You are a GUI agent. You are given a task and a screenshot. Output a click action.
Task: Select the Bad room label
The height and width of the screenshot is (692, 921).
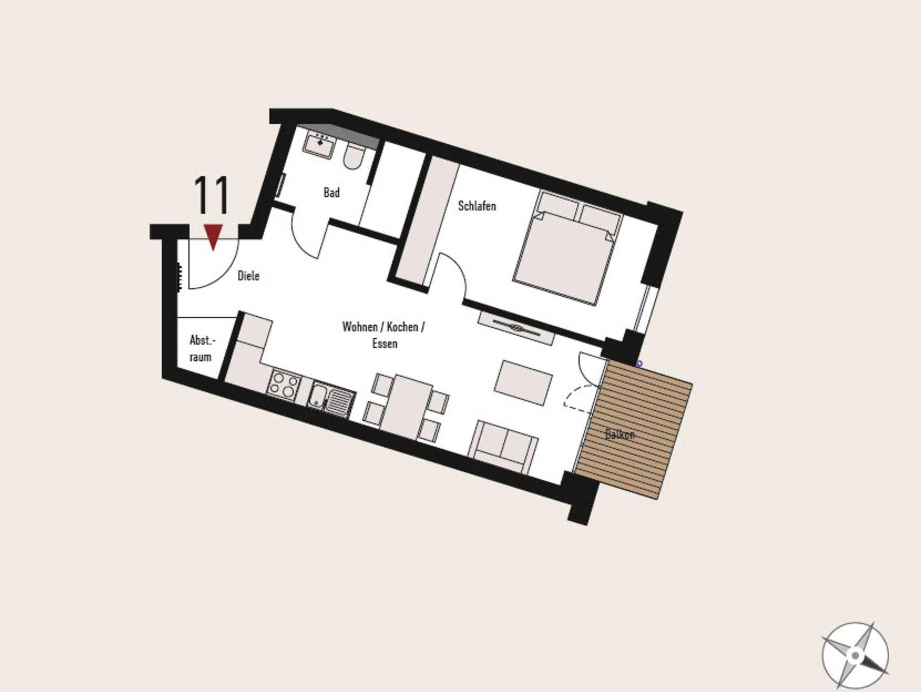point(331,193)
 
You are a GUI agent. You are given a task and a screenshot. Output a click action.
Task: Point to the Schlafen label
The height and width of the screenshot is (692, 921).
point(477,206)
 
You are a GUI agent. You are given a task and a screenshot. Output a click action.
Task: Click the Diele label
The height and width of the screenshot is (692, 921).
point(249,275)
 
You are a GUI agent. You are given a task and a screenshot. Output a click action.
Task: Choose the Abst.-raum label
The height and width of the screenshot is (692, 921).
point(201,348)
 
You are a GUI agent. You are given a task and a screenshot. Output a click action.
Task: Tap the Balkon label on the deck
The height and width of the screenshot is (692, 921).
point(620,435)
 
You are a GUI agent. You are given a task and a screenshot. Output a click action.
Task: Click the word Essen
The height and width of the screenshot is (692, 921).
point(385,343)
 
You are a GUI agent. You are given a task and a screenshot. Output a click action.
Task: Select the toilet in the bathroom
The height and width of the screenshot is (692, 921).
point(353,157)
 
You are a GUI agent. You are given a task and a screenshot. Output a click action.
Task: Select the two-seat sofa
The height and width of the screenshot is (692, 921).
point(503,445)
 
